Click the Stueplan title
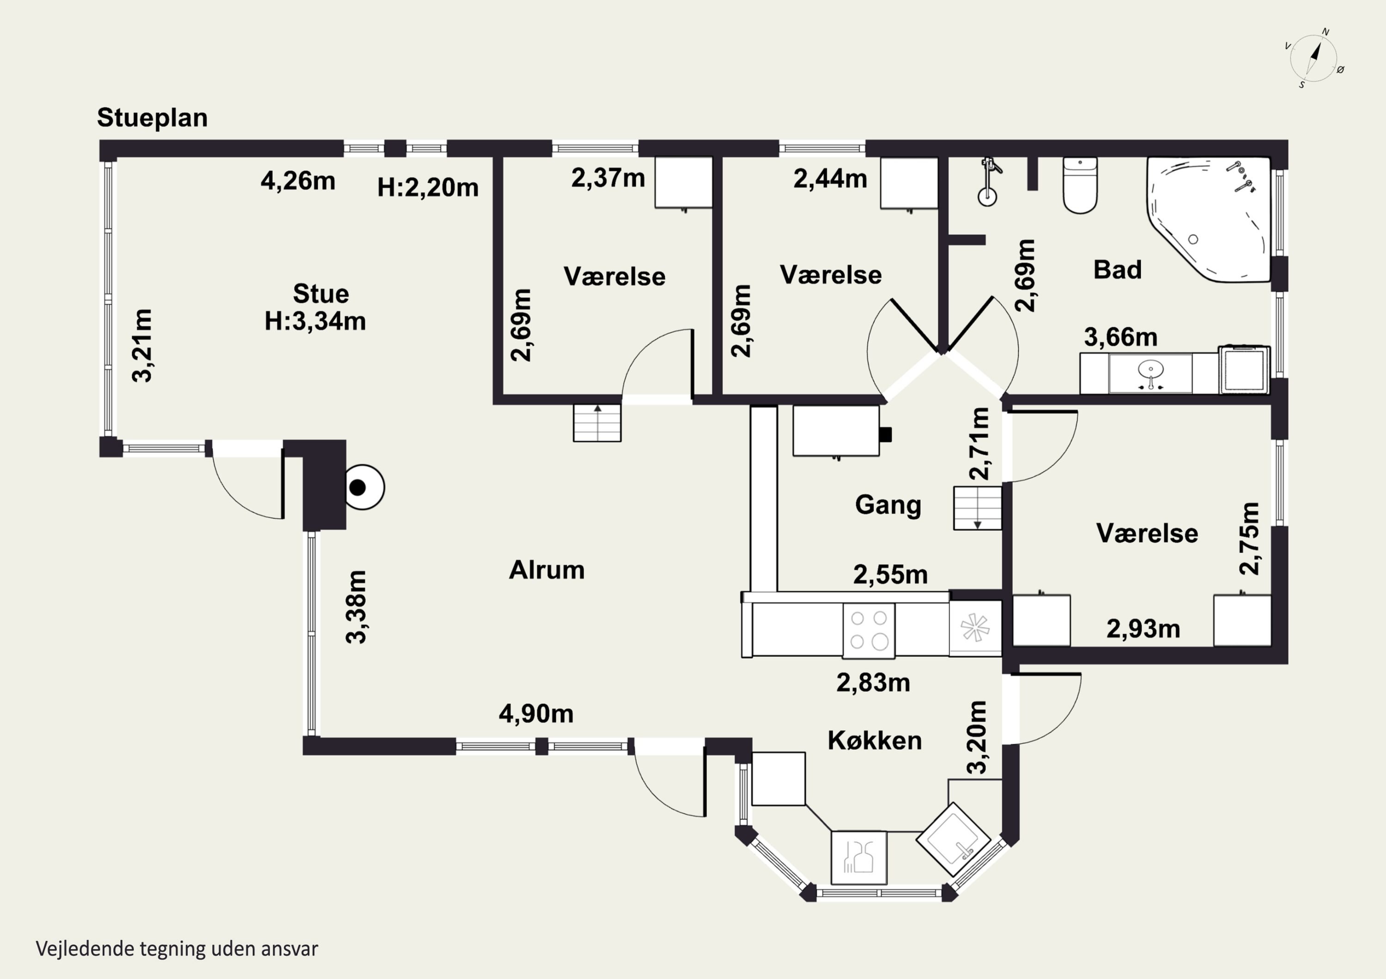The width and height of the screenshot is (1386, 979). click(x=152, y=118)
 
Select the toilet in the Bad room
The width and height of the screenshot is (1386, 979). click(x=1080, y=185)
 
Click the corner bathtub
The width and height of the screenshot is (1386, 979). click(x=1209, y=219)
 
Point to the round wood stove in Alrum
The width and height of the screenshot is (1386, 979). click(x=365, y=487)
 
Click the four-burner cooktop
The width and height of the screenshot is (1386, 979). click(x=869, y=631)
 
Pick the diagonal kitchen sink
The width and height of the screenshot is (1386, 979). click(x=953, y=839)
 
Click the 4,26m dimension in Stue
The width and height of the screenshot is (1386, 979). click(x=298, y=181)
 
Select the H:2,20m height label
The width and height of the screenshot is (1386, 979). click(x=428, y=187)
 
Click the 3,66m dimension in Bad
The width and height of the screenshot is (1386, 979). click(x=1121, y=337)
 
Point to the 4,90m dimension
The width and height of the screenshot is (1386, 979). click(x=536, y=714)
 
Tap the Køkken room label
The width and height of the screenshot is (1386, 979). click(x=875, y=741)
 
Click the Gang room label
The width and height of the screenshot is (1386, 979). click(x=888, y=505)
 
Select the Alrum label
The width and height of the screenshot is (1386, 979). click(x=547, y=570)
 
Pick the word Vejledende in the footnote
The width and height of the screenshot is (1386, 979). click(x=85, y=949)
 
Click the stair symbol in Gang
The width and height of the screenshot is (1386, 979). click(x=977, y=508)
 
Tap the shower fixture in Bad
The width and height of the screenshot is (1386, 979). click(x=988, y=182)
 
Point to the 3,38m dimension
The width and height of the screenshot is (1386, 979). click(x=356, y=607)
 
